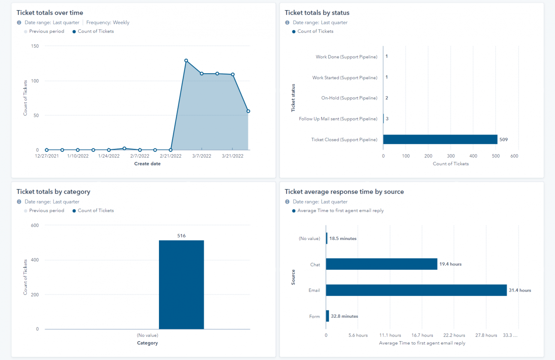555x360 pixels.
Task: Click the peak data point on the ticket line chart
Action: pos(186,61)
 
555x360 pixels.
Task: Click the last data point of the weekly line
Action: pos(248,111)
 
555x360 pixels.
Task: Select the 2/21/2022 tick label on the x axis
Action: pos(171,156)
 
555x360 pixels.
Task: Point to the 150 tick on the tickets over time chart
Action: pos(35,46)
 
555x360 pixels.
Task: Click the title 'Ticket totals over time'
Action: pos(50,13)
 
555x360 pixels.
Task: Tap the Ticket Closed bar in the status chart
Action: pos(440,140)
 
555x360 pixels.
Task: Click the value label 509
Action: pos(503,140)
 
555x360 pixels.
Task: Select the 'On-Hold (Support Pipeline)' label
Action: pos(349,98)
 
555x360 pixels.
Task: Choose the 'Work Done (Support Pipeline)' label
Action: pos(346,57)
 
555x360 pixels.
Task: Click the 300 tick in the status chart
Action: pos(451,156)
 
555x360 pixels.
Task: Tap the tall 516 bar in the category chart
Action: pos(181,285)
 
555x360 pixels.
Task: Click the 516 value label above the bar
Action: pos(181,236)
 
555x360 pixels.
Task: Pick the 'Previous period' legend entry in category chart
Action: pos(46,211)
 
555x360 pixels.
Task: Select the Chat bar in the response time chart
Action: pos(382,264)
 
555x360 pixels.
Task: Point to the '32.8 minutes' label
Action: pos(344,316)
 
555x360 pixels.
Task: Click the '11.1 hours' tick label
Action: pos(390,335)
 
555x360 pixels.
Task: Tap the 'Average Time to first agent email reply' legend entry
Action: pos(340,211)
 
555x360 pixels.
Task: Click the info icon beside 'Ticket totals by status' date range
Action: pos(287,22)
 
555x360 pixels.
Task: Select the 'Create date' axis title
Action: pos(147,164)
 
